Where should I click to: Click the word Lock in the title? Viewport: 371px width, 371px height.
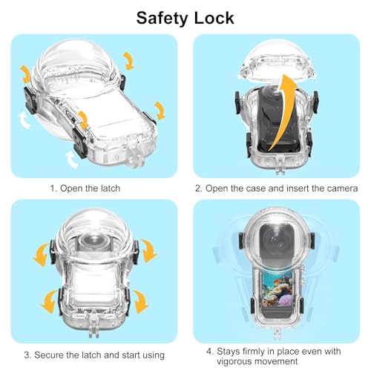point(214,18)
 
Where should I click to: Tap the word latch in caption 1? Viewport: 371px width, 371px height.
point(108,188)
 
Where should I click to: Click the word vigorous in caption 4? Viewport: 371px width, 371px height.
point(236,361)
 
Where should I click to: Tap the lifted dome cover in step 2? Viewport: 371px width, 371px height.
point(276,62)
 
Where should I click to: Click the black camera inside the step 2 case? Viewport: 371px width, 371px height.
point(277,119)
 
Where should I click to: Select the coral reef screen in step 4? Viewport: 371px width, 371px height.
point(277,290)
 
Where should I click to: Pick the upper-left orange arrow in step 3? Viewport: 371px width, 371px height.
point(41,255)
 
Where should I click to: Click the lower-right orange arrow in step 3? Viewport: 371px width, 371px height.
point(140,302)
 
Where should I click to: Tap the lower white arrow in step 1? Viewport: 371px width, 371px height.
point(71,160)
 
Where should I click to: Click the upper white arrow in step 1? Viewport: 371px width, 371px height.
point(24,120)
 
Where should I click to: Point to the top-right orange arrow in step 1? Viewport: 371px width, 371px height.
point(128,61)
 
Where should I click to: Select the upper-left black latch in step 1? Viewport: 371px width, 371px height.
point(31,101)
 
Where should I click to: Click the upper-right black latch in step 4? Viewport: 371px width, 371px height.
point(312,240)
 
